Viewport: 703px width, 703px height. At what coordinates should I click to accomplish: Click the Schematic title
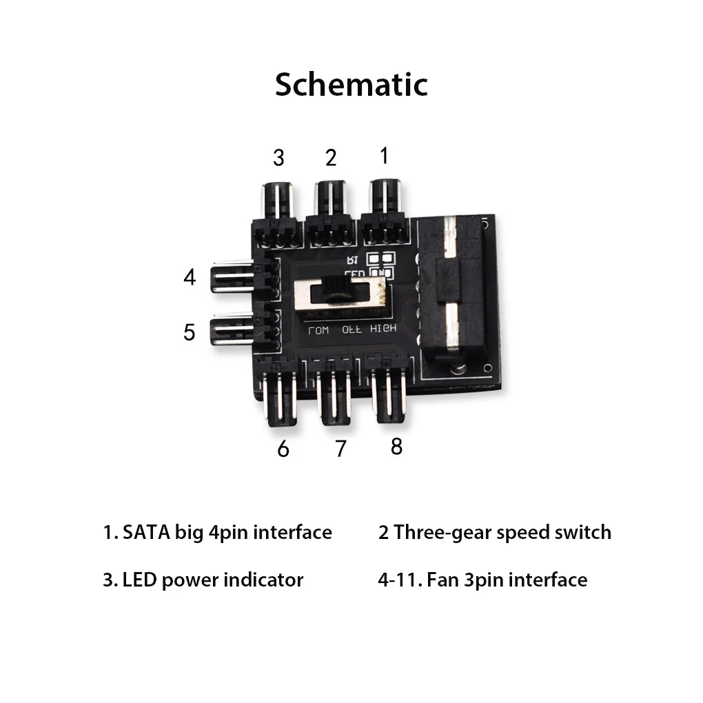click(x=351, y=84)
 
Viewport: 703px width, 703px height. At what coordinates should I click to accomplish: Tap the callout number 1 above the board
click(x=384, y=155)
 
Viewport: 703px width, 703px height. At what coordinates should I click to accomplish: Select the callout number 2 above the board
click(x=331, y=157)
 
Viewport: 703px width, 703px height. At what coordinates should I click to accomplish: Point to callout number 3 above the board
click(x=278, y=157)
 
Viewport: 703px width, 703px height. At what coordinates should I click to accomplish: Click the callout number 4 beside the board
click(x=190, y=278)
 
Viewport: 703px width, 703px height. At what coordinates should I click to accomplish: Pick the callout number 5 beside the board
click(x=190, y=332)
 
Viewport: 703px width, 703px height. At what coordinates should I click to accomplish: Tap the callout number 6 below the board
click(x=283, y=449)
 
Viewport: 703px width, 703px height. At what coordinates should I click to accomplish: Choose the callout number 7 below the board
click(x=340, y=449)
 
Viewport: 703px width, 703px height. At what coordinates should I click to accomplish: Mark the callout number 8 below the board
click(x=396, y=447)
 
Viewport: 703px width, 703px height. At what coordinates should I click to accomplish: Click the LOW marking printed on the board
click(x=319, y=329)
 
